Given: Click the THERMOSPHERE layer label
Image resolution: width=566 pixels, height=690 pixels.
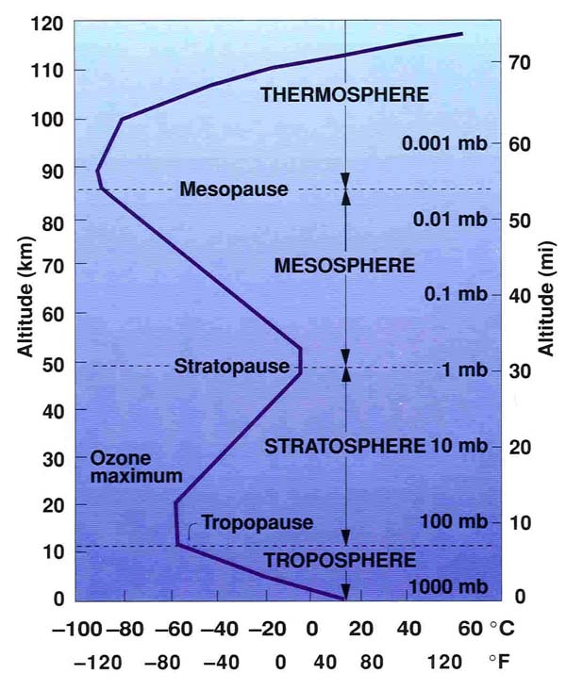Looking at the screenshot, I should (344, 94).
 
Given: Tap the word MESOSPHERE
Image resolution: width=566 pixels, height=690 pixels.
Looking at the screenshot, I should (344, 265).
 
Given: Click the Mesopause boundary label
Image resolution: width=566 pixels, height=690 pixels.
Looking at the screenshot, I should (233, 189).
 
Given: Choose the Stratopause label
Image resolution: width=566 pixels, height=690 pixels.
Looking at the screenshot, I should (232, 367).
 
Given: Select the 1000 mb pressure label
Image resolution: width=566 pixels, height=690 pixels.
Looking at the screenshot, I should (446, 587).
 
